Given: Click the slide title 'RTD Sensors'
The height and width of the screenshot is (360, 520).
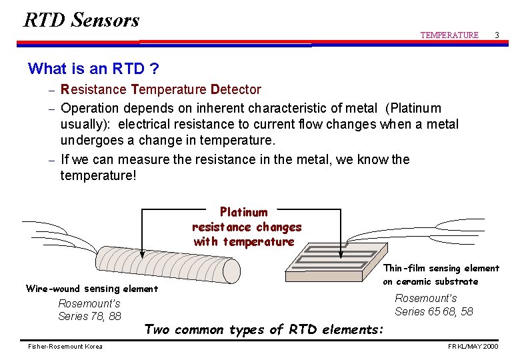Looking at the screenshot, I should click(x=81, y=20).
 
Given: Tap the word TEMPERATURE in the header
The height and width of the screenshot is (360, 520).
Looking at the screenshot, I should click(x=449, y=35).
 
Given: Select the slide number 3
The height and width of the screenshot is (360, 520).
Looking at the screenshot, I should click(x=496, y=35).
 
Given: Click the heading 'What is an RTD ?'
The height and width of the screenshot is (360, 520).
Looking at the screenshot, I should click(x=93, y=69).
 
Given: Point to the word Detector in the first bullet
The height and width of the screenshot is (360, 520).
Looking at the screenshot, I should click(x=235, y=89).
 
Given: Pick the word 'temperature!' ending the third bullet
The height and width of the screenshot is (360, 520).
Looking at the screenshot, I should click(x=98, y=176).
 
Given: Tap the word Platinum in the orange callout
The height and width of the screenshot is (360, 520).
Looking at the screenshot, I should click(x=244, y=213).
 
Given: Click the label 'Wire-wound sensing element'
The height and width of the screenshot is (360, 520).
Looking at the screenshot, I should click(x=92, y=289).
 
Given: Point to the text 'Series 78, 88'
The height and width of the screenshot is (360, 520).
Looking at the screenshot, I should click(x=89, y=316).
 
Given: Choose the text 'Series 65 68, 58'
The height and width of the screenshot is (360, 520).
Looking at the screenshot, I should click(x=433, y=311).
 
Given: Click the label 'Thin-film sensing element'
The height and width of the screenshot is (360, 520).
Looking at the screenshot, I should click(x=441, y=268).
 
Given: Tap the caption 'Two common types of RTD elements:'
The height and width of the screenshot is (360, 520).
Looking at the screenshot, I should click(x=264, y=329).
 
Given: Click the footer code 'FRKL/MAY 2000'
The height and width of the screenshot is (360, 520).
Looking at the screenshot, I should click(x=473, y=347).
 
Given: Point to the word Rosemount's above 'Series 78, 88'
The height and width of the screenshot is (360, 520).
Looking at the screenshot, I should click(x=89, y=303).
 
